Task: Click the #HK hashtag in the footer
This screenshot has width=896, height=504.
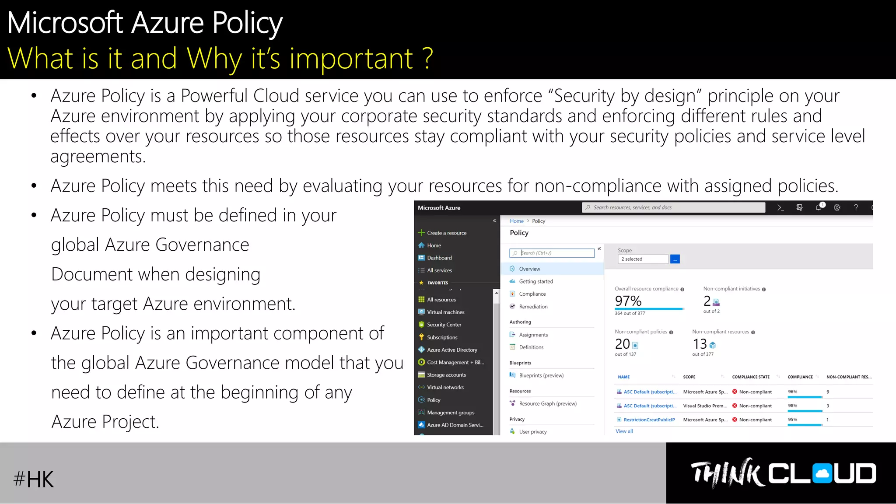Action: [x=34, y=479]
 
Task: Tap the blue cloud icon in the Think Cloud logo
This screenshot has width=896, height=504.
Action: [x=822, y=474]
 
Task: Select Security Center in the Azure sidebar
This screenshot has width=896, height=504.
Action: [x=444, y=325]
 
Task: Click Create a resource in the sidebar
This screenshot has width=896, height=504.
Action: [x=446, y=233]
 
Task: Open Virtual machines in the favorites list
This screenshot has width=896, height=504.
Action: [x=445, y=312]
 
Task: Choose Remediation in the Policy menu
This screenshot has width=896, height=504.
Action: [x=533, y=307]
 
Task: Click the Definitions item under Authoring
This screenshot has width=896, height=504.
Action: [x=531, y=347]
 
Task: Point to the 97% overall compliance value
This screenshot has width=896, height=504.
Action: [x=628, y=301]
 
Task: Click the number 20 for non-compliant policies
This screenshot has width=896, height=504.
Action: [x=622, y=344]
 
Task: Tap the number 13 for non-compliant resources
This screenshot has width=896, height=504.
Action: [x=700, y=344]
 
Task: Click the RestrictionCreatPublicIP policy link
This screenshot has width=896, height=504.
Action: [x=649, y=420]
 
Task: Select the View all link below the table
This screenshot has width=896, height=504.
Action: [x=624, y=431]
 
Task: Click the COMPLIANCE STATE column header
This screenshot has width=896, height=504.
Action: [x=751, y=377]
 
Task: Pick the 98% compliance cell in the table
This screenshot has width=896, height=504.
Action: [x=793, y=406]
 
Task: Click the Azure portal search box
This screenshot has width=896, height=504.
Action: [x=674, y=207]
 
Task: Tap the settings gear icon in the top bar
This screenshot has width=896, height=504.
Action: [x=837, y=207]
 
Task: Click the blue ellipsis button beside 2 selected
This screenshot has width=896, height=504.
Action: [x=675, y=259]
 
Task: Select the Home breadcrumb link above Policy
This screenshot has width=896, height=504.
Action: [x=516, y=221]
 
